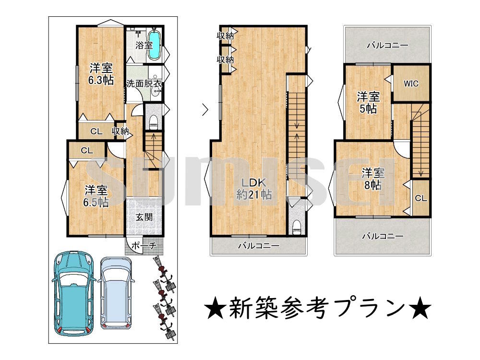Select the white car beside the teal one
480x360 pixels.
click(x=116, y=293)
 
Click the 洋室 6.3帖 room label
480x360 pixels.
click(x=101, y=74)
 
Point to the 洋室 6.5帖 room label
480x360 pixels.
click(x=96, y=196)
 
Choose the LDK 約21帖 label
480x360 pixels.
click(x=254, y=189)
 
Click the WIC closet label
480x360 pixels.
click(x=411, y=83)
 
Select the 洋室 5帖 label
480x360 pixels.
click(x=368, y=103)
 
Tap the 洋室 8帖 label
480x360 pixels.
click(x=373, y=179)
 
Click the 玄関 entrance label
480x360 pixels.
click(x=144, y=217)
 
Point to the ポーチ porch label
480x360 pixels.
click(x=144, y=245)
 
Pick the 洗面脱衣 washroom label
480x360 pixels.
click(x=144, y=83)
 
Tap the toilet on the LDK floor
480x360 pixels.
click(x=296, y=227)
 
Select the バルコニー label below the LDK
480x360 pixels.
click(x=259, y=245)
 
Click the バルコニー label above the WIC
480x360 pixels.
click(x=387, y=46)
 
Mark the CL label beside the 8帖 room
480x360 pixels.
click(x=421, y=198)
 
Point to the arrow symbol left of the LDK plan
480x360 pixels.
click(x=205, y=109)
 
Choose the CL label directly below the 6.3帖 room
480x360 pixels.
click(x=96, y=132)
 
